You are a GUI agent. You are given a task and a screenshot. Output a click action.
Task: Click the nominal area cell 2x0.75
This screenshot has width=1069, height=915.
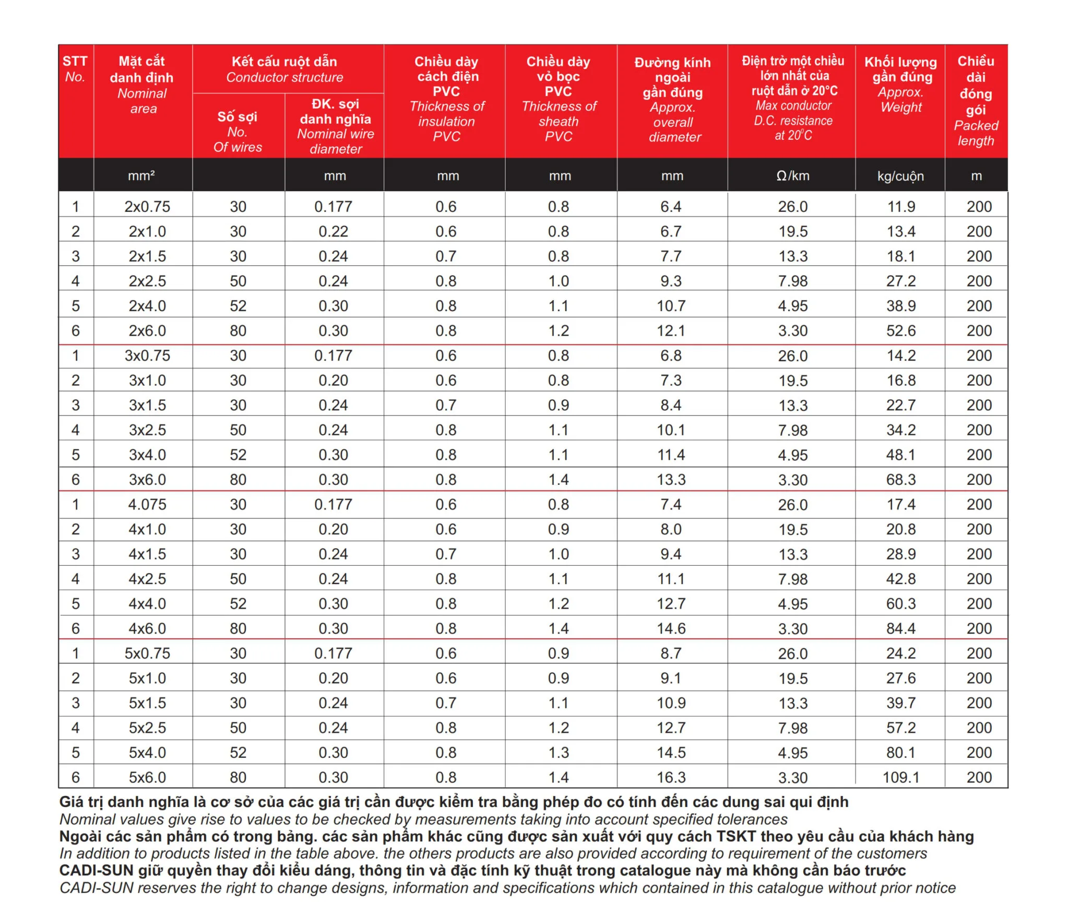147,207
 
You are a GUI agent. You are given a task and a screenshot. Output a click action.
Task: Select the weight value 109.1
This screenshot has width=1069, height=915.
900,777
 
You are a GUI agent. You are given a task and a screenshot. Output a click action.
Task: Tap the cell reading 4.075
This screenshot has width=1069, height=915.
147,504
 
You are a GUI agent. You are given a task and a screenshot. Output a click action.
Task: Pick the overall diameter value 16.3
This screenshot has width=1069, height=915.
671,777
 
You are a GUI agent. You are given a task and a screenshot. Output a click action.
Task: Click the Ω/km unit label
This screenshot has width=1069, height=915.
793,176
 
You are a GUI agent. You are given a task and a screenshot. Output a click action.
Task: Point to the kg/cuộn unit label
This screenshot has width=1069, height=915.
900,176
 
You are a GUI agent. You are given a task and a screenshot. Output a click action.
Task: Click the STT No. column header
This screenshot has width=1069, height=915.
75,69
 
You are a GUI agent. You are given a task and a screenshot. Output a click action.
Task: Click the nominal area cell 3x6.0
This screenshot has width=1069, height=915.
147,480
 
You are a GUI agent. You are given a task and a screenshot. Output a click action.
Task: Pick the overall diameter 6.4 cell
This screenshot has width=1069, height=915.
671,207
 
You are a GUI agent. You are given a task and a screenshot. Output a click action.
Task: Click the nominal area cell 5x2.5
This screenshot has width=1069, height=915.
147,728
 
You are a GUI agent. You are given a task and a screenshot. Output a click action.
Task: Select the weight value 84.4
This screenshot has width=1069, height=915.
901,628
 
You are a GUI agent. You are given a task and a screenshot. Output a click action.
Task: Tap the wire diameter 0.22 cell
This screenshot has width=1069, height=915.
334,232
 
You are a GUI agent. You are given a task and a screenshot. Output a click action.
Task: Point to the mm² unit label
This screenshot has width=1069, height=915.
141,176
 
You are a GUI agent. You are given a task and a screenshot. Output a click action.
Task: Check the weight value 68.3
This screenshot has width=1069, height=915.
901,480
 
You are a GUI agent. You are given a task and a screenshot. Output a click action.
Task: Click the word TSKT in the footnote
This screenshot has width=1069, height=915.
736,836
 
